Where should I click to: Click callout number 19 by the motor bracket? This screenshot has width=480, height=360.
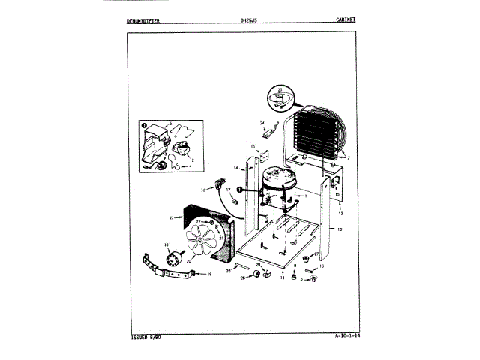pos(209,275)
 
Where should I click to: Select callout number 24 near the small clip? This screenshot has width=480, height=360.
pos(262,121)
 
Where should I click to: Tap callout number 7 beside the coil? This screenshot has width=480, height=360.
pos(347,159)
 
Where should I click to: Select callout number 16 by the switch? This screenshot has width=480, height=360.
pos(202,190)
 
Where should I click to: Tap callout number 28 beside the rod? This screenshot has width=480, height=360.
pos(229,270)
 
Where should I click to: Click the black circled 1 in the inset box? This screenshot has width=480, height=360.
pos(143,124)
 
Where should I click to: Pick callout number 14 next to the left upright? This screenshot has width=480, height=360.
pos(235,168)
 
